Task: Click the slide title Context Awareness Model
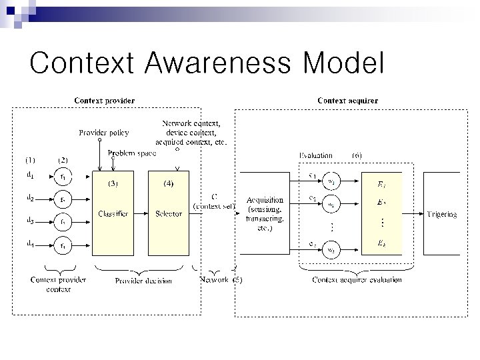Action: click(207, 63)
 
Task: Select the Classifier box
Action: click(113, 213)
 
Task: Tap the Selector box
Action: click(168, 213)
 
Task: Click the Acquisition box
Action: click(265, 213)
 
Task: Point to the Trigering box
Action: click(441, 214)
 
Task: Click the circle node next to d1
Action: click(63, 177)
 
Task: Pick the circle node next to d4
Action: click(63, 247)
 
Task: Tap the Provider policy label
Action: click(104, 133)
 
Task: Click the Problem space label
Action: click(133, 153)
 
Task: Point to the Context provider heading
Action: click(105, 101)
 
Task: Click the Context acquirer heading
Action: click(347, 101)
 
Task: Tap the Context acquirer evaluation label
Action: click(357, 280)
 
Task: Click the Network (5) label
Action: click(221, 280)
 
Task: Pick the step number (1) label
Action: click(31, 160)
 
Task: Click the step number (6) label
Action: click(357, 155)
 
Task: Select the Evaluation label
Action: click(315, 155)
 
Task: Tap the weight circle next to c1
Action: click(331, 179)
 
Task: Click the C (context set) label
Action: click(213, 201)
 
